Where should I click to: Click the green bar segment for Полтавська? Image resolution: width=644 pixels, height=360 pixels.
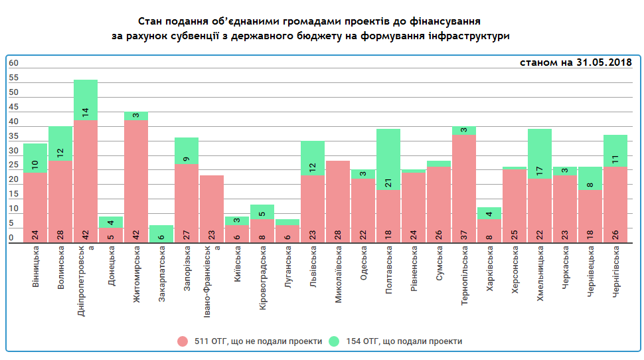(x=388, y=159)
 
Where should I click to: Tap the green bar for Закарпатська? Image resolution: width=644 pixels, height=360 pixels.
(x=161, y=234)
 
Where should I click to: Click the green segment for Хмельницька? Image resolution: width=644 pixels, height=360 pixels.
(x=539, y=153)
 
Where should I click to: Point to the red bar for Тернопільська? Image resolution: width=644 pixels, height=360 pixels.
(x=463, y=189)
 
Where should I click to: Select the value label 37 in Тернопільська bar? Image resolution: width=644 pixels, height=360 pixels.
(x=463, y=234)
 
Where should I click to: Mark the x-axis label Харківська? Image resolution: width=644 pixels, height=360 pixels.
(x=489, y=272)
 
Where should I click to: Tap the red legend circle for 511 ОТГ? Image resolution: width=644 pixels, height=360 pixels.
(x=183, y=341)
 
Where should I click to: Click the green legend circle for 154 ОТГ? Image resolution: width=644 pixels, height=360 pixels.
(x=334, y=341)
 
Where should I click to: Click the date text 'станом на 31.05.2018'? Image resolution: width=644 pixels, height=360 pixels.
(x=575, y=63)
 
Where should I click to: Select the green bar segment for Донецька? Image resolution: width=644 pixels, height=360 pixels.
(x=111, y=222)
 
